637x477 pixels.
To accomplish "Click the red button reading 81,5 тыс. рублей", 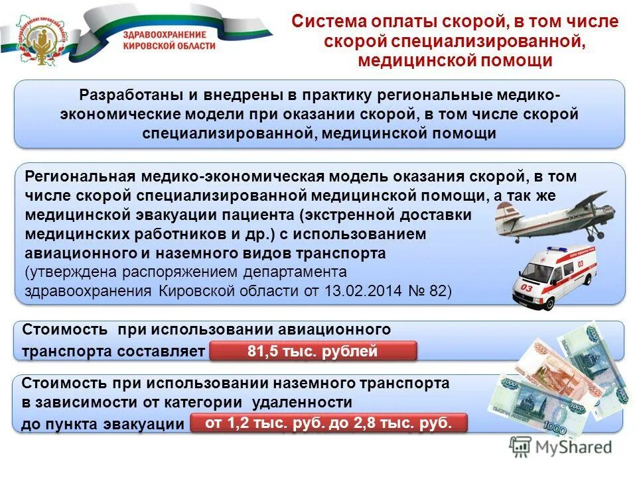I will tap(313, 351).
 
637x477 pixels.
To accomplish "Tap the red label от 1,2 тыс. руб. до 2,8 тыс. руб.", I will tap(328, 423).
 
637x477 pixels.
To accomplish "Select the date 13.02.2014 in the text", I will tap(356, 291).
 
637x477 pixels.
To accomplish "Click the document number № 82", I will tap(429, 291).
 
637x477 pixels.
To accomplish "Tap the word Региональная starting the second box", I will tap(80, 177).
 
